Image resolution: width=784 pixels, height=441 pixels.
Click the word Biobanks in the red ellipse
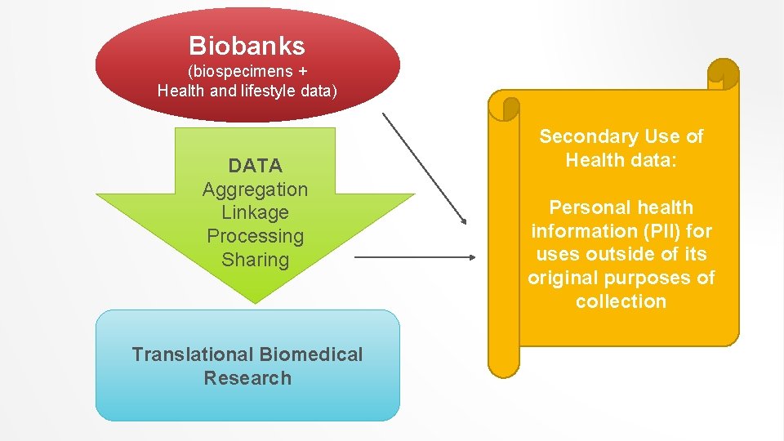coord(247,46)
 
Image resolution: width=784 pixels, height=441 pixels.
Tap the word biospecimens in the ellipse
coord(240,70)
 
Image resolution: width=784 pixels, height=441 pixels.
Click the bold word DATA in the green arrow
coord(255,166)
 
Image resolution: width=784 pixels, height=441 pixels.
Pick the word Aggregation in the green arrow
coord(255,189)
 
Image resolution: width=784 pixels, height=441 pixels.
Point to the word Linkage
coord(255,212)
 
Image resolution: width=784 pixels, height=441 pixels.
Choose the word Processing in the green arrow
coord(255,236)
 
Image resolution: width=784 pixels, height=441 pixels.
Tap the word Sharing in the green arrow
coord(255,260)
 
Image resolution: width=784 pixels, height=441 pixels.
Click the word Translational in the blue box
coord(193,354)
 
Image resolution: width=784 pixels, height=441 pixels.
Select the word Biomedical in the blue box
coord(311,354)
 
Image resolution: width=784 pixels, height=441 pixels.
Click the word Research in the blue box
coord(247,378)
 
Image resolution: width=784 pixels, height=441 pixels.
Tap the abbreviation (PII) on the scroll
coord(650,231)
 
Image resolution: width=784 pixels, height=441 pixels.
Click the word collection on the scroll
coord(621,301)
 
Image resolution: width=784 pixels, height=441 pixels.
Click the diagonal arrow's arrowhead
coord(463,220)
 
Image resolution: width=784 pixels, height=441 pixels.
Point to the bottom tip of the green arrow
coord(256,302)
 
